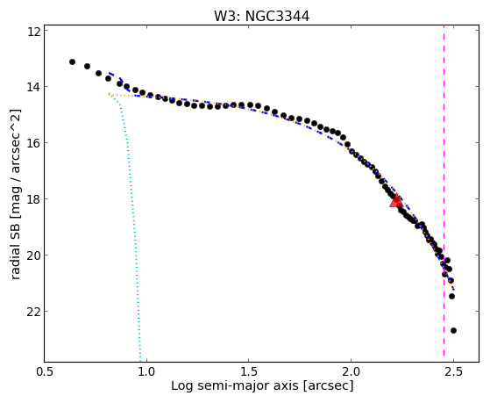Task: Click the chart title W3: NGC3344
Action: (261, 17)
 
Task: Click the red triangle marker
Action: (396, 201)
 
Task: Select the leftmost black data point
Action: (72, 61)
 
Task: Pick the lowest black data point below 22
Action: (453, 330)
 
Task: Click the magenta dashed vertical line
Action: (444, 193)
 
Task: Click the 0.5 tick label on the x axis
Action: (45, 372)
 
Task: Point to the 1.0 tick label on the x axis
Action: (147, 372)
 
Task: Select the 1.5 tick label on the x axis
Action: (249, 372)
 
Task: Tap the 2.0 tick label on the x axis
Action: (351, 372)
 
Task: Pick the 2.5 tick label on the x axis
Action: (453, 372)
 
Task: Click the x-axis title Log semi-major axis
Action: (235, 385)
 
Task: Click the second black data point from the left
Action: (87, 66)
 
